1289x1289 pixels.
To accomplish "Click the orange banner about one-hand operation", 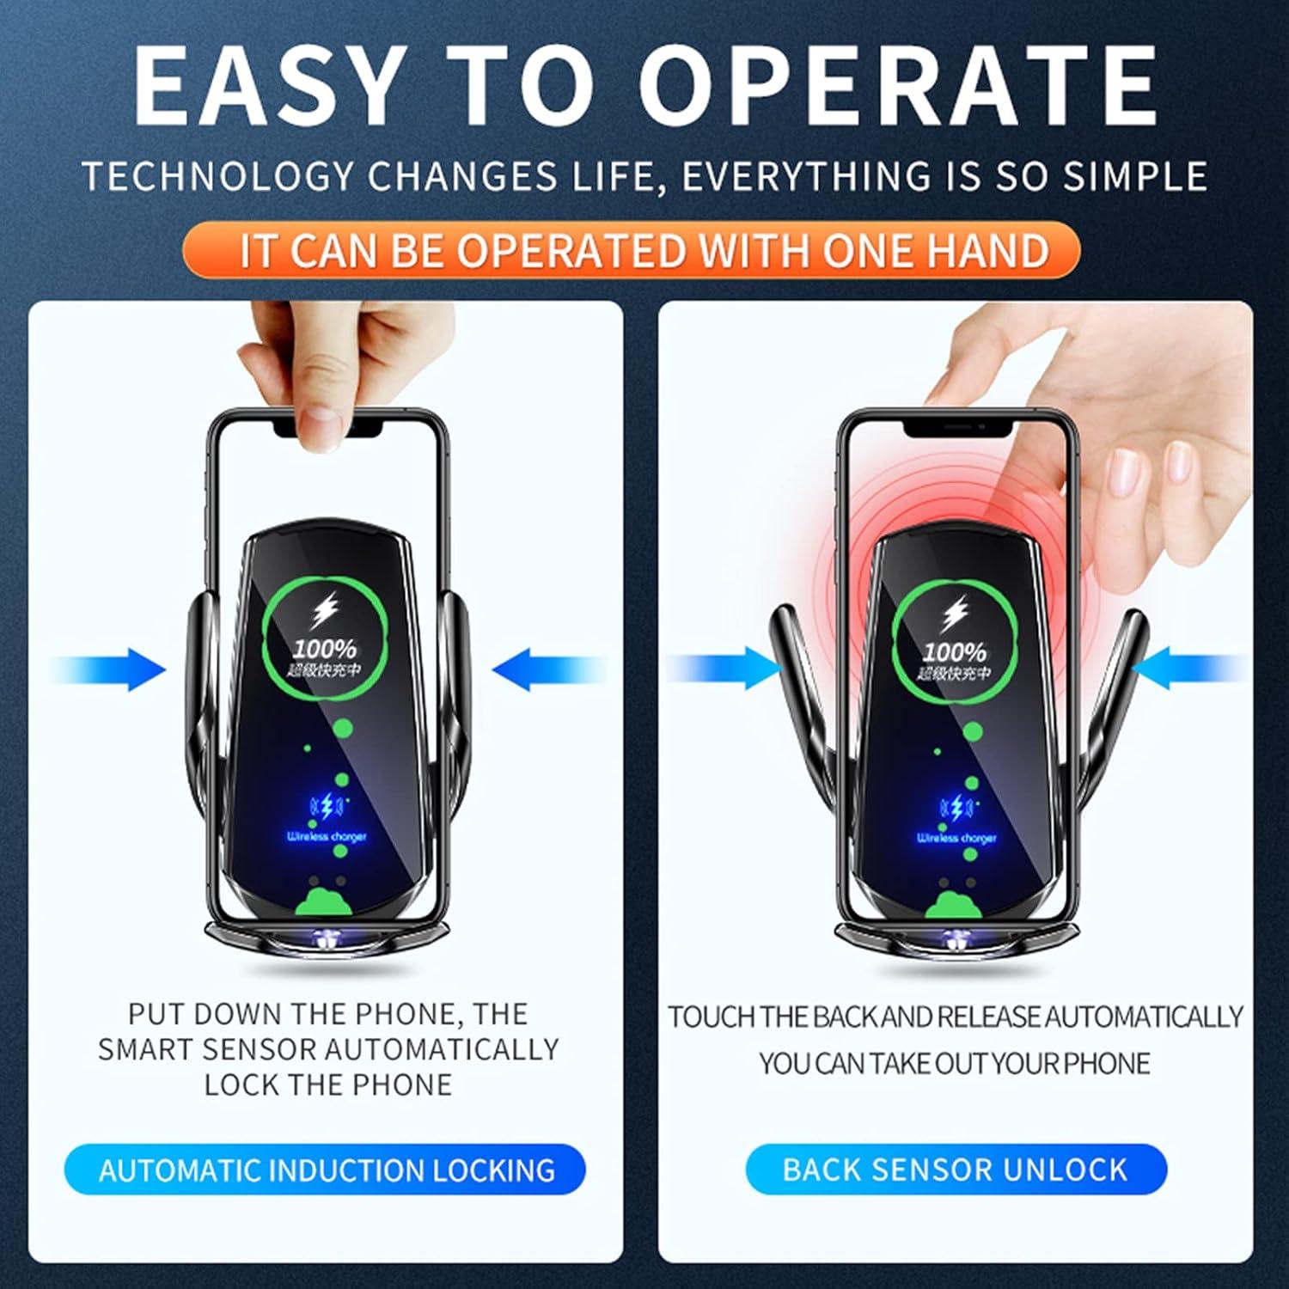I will pyautogui.click(x=631, y=250).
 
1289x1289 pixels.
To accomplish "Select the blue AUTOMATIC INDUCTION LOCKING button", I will pyautogui.click(x=326, y=1170).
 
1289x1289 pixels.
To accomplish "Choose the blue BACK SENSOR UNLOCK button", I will pyautogui.click(x=955, y=1169).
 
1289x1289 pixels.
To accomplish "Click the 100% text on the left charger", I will pyautogui.click(x=324, y=650).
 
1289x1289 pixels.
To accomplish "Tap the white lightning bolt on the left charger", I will pyautogui.click(x=324, y=611).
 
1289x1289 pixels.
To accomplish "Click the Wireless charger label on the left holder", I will pyautogui.click(x=327, y=836).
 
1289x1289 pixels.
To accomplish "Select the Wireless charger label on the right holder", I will pyautogui.click(x=956, y=838).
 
